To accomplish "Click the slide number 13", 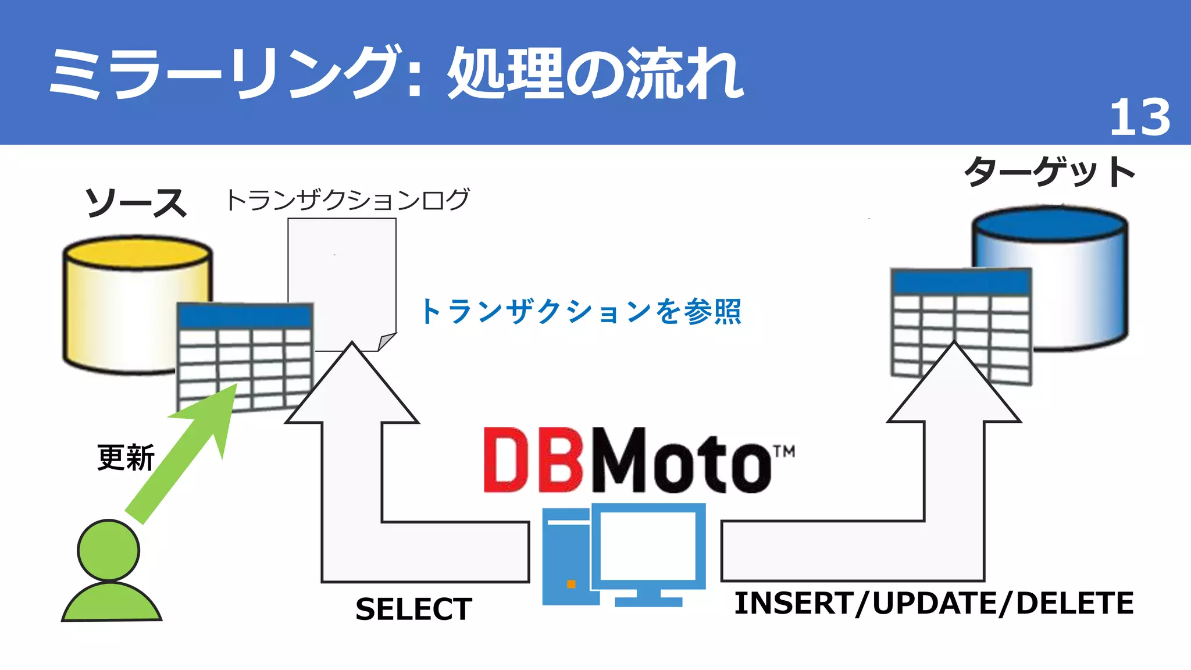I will click(x=1139, y=117).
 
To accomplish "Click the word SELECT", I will click(x=413, y=609).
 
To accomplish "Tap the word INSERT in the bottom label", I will click(x=793, y=603).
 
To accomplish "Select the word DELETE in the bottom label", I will click(x=1075, y=603).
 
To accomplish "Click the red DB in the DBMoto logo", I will click(x=533, y=461).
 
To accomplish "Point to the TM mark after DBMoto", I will click(x=783, y=451).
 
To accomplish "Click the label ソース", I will click(x=136, y=203).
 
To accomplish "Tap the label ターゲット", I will click(x=1050, y=172).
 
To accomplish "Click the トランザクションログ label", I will click(x=347, y=199).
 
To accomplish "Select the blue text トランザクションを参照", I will click(x=580, y=311).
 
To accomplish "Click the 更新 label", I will click(x=126, y=457).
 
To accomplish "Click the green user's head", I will click(x=109, y=550).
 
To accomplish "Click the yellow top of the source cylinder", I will click(x=137, y=253).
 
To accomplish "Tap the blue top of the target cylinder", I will click(x=1050, y=223).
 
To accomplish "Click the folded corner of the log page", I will click(x=386, y=341).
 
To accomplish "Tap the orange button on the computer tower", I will click(x=571, y=584).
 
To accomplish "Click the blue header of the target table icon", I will click(x=961, y=282).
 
